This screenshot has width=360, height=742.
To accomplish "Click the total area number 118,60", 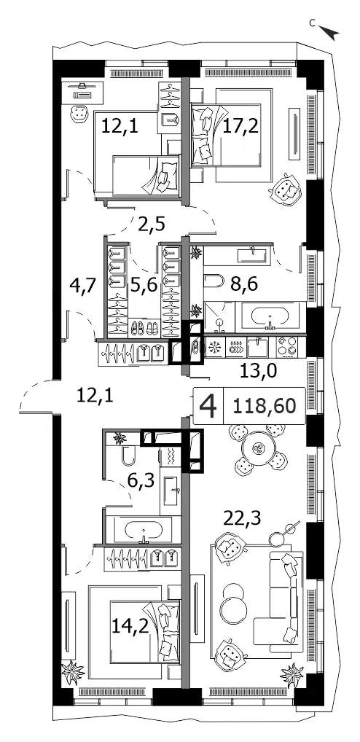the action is click(x=265, y=405).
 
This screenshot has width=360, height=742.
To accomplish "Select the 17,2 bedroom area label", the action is click(x=240, y=126).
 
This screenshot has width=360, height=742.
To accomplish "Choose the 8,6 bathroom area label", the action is click(x=243, y=285).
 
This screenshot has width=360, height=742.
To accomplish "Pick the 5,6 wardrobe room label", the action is click(x=144, y=286).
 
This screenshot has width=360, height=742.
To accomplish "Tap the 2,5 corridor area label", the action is click(x=152, y=223).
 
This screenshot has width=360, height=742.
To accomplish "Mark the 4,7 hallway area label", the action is click(x=83, y=286).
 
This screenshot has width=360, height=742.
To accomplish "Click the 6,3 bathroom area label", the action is click(x=141, y=483).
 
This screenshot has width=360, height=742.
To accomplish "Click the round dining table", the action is click(x=258, y=448).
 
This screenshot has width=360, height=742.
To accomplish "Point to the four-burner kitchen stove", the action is click(x=288, y=347).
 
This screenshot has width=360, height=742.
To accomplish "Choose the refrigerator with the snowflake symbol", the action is click(x=214, y=348).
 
